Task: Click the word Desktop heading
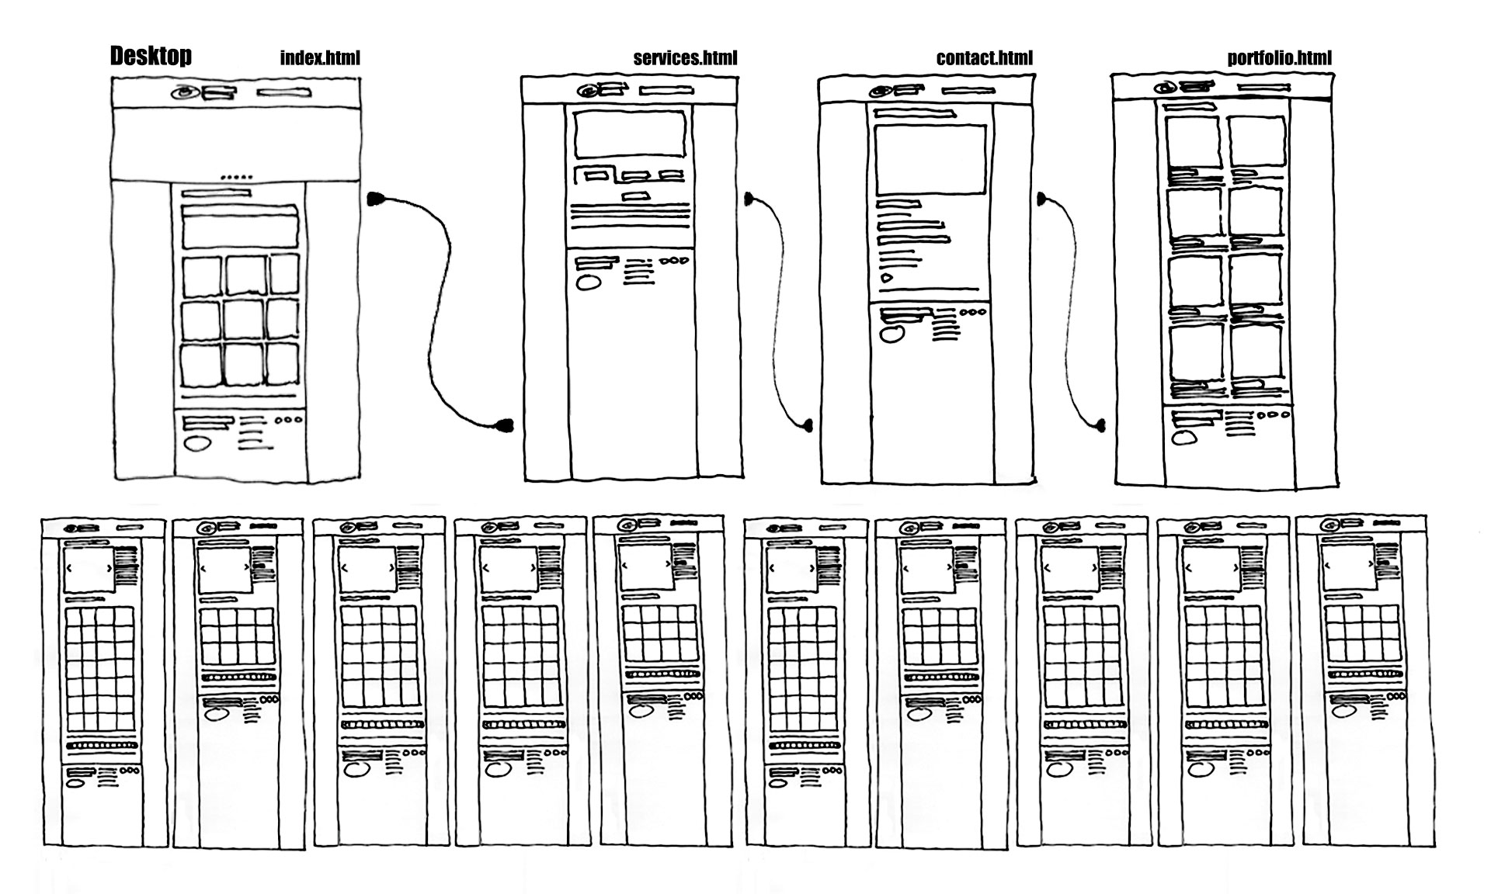[151, 56]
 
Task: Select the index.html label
[320, 58]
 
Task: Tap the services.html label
[685, 58]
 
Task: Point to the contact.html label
[985, 58]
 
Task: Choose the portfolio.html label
[1279, 58]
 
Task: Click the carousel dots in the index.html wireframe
[236, 178]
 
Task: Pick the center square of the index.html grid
[244, 320]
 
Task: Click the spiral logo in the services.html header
[588, 91]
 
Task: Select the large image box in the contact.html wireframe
[930, 160]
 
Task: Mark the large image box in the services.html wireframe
[630, 134]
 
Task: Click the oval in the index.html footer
[198, 444]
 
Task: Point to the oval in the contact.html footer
[891, 334]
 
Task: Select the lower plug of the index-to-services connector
[505, 424]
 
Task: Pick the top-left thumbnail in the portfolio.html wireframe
[1193, 141]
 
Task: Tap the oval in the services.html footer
[589, 282]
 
